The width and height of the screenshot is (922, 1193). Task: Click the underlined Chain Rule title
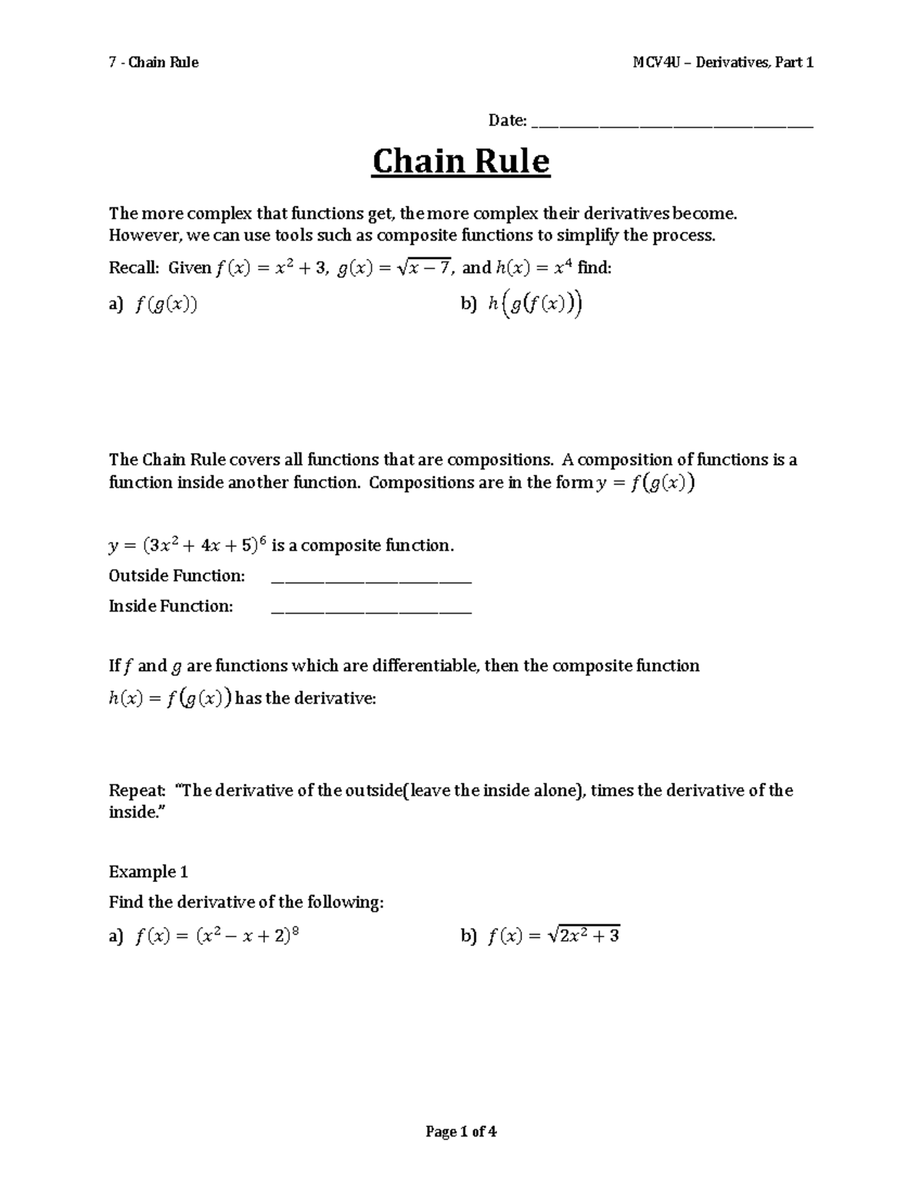pyautogui.click(x=461, y=162)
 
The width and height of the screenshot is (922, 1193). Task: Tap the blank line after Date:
pyautogui.click(x=672, y=122)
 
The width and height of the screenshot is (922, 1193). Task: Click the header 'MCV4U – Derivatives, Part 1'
pyautogui.click(x=723, y=62)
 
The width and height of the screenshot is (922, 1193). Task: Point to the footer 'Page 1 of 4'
pyautogui.click(x=461, y=1131)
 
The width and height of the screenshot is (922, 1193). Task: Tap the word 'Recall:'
pyautogui.click(x=134, y=267)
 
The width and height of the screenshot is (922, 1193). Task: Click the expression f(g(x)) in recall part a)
pyautogui.click(x=166, y=305)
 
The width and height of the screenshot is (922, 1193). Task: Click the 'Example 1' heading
pyautogui.click(x=148, y=871)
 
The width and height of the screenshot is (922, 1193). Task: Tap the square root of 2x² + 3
pyautogui.click(x=584, y=935)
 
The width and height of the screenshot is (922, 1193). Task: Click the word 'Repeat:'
pyautogui.click(x=137, y=790)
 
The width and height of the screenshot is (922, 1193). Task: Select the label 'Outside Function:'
pyautogui.click(x=177, y=575)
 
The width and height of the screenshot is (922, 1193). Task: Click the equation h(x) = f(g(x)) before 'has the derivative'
pyautogui.click(x=170, y=698)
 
